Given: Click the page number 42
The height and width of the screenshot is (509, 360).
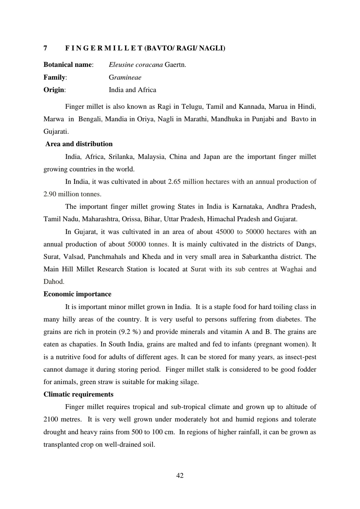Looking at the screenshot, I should (x=180, y=476).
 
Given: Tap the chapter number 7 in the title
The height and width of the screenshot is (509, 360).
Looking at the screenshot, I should (x=45, y=48).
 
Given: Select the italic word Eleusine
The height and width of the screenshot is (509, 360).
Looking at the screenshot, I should (x=121, y=65).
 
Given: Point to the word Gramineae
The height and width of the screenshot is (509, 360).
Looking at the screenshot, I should (x=125, y=77).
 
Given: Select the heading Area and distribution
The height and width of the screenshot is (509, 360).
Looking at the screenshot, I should (x=79, y=144).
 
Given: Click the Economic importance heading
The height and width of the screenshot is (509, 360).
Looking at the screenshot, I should (x=77, y=294).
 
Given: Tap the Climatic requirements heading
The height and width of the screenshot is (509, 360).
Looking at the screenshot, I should (x=78, y=394).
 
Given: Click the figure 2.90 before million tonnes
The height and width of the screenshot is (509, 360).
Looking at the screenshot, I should (x=50, y=194).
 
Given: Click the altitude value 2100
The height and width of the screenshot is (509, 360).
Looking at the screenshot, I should (x=51, y=419).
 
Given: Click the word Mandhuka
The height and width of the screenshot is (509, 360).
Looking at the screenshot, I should (x=227, y=119).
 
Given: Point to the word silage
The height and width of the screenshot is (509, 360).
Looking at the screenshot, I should (x=189, y=382).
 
